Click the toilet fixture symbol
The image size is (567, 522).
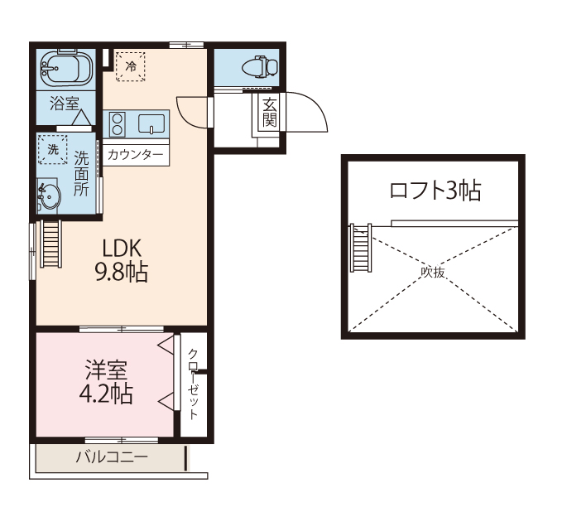coord(259,67)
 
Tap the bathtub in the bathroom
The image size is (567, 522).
coord(66,69)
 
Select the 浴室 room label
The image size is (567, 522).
coord(65,104)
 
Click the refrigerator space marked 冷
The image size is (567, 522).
coord(131,66)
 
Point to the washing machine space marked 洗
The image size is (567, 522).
coord(53,149)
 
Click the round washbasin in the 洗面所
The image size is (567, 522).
coord(49,196)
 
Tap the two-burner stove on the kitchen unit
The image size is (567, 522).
coord(118,124)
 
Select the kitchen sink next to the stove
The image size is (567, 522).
coord(151,123)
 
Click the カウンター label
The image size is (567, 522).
coord(136,155)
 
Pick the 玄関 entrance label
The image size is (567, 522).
coord(270,113)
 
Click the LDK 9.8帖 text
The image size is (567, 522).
coord(122,260)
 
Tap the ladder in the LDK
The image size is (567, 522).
coord(51,244)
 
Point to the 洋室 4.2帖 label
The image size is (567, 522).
coord(106,382)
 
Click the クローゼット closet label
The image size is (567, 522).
coord(194,384)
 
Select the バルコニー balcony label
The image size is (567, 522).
coord(112,457)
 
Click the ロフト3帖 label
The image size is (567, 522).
coord(435,191)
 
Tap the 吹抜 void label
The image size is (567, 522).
coord(432,272)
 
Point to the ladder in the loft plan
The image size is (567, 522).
coord(361,248)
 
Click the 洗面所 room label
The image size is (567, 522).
coord(81,173)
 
